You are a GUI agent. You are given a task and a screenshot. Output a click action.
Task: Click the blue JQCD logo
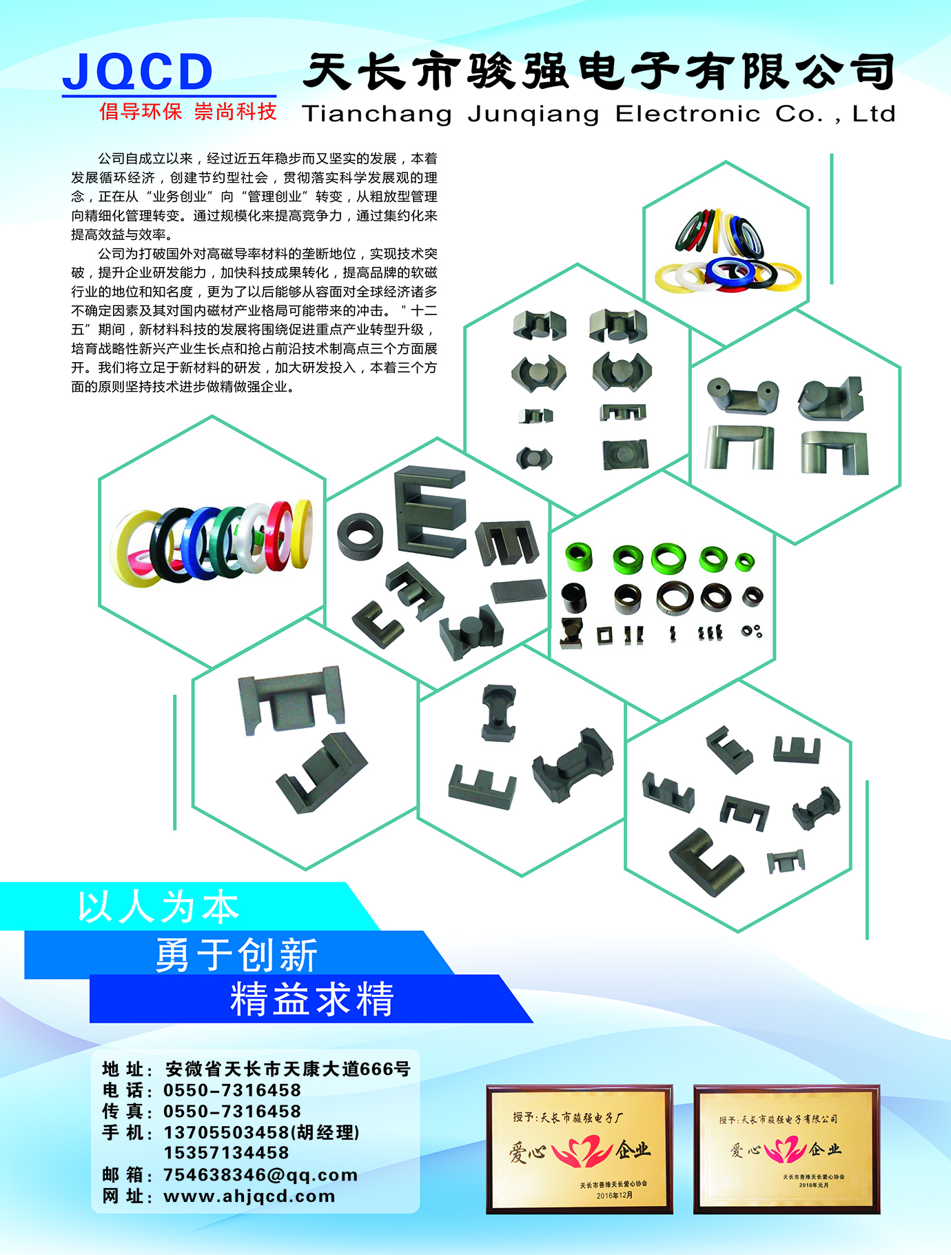click(x=137, y=72)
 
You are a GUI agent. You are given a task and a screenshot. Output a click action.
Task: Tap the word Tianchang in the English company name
click(x=377, y=114)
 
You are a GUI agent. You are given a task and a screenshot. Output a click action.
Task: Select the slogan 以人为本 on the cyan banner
click(x=158, y=907)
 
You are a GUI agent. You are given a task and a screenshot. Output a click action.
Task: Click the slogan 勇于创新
click(x=236, y=954)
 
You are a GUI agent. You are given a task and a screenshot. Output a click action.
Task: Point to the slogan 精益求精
click(x=311, y=999)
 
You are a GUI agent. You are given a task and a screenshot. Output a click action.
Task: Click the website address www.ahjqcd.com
click(x=249, y=1196)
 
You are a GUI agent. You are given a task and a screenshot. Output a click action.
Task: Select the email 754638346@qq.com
click(x=260, y=1175)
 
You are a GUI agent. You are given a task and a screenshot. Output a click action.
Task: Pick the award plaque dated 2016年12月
click(x=580, y=1149)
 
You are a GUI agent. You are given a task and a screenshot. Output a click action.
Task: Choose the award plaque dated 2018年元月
click(x=787, y=1149)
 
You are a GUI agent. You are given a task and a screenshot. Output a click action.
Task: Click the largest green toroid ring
click(x=668, y=559)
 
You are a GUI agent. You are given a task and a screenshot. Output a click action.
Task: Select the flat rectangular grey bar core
click(x=518, y=591)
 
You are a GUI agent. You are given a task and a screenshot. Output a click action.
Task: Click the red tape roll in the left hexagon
click(x=280, y=535)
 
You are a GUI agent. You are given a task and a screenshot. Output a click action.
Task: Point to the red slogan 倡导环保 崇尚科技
click(x=187, y=112)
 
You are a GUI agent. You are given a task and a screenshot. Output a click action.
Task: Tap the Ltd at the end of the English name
click(x=874, y=114)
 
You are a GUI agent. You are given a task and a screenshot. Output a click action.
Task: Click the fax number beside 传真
click(x=232, y=1112)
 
